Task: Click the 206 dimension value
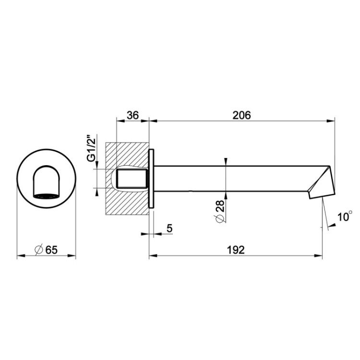point(242,116)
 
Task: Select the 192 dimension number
point(236,250)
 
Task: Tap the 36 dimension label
point(133,116)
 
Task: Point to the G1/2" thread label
point(92,148)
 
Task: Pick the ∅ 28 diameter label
point(220,211)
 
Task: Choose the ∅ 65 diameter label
point(46,250)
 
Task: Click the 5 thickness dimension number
point(169,228)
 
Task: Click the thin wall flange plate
point(151,179)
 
